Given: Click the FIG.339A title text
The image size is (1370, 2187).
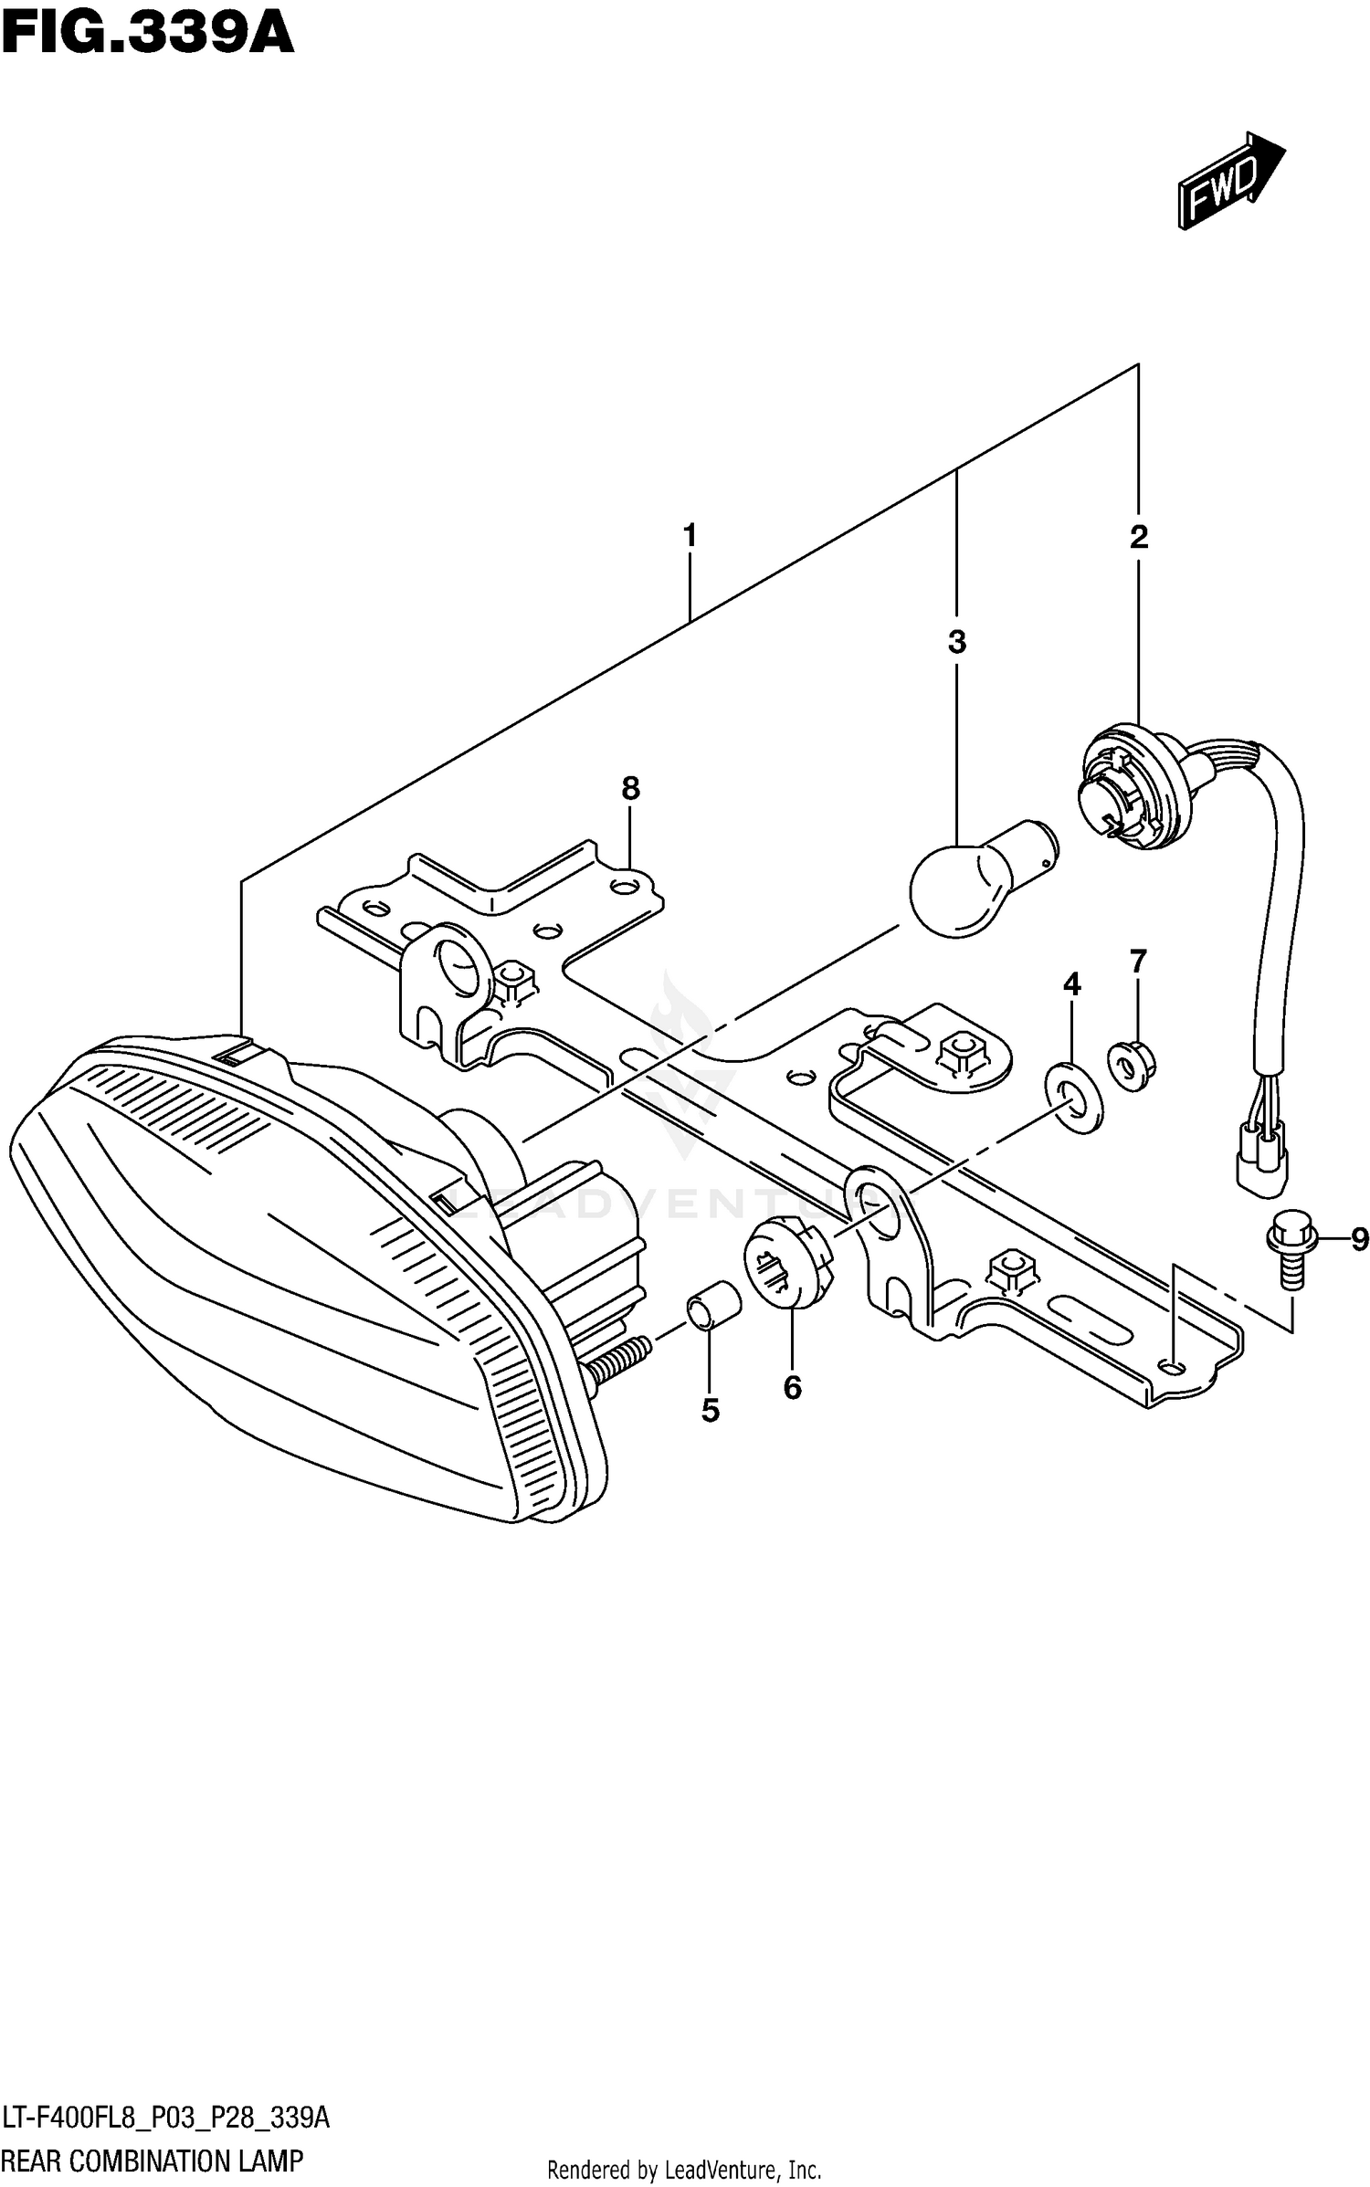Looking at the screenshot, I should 148,37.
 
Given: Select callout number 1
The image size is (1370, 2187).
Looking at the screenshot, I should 690,535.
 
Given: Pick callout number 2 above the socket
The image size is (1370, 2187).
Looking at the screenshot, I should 1138,537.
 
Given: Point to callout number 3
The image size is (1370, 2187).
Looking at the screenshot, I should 956,642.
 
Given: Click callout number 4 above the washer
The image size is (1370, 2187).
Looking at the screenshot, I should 1072,983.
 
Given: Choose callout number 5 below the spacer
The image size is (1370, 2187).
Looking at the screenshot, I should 711,1411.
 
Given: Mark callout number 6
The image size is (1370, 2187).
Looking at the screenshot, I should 792,1388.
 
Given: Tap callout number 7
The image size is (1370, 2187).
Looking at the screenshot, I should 1137,962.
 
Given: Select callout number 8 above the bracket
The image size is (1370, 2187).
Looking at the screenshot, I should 630,788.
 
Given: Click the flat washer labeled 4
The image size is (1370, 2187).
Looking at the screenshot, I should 1073,1096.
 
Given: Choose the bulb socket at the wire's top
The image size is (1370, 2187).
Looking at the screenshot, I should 1130,790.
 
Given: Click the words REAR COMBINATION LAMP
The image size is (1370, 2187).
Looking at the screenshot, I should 153,2161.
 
